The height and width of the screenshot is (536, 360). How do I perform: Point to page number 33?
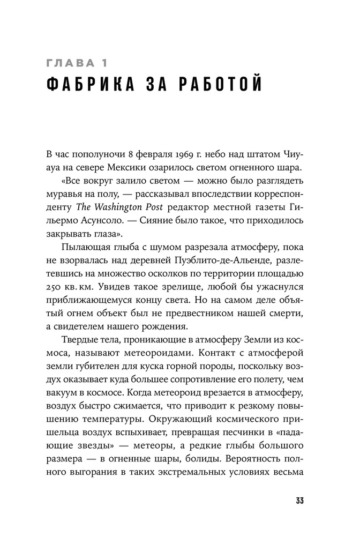299,501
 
